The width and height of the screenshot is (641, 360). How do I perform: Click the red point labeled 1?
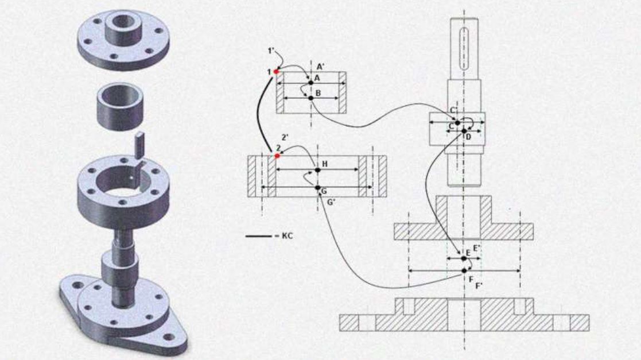(277, 71)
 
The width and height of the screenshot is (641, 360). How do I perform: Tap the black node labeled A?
(311, 83)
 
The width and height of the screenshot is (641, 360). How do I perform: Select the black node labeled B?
(311, 98)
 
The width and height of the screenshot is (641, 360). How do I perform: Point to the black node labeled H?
(317, 170)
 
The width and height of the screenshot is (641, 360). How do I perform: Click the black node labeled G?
(317, 187)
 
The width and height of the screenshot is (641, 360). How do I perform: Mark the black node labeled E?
(464, 258)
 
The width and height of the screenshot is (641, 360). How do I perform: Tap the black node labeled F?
(464, 270)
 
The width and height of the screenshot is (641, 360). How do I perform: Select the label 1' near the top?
(270, 52)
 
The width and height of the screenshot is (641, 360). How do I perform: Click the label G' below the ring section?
(332, 201)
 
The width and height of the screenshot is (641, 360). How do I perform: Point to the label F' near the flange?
(479, 285)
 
